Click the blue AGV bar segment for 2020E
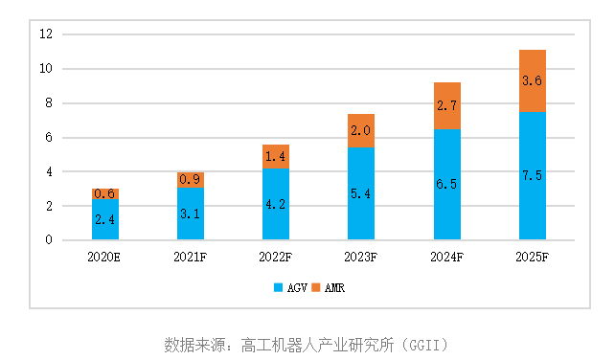(105, 220)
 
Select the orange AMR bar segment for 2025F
(533, 81)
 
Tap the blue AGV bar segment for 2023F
(362, 193)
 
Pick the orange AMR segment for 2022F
(276, 156)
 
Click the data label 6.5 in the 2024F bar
(447, 182)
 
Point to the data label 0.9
(191, 179)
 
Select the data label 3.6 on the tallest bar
(533, 81)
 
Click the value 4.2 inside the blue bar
(276, 202)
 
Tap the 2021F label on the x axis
(191, 257)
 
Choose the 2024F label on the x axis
(447, 257)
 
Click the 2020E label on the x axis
(105, 257)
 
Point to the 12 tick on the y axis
(45, 34)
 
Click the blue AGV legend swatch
(279, 287)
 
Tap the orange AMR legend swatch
(316, 287)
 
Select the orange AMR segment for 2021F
(191, 179)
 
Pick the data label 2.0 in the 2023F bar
(362, 130)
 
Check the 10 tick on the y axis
(45, 69)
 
